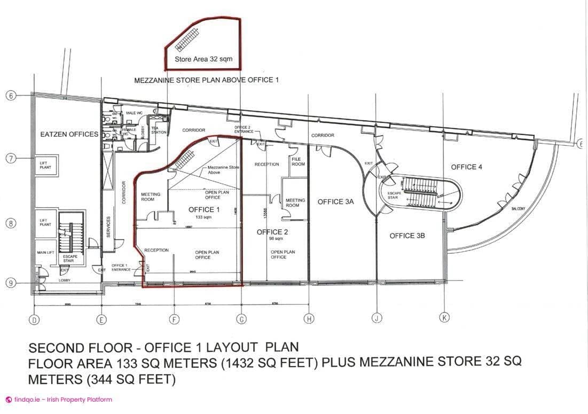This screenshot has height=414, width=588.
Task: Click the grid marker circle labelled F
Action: (174, 319)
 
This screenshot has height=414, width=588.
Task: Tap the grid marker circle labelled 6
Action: (10, 96)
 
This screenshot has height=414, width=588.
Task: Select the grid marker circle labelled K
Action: (444, 317)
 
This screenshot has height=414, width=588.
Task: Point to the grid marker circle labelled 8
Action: (10, 223)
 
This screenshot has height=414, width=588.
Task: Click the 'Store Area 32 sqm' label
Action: (203, 59)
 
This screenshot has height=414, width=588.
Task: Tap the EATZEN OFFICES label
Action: (69, 134)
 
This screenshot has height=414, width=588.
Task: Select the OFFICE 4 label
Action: (466, 167)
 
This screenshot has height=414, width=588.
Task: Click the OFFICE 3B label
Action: (409, 236)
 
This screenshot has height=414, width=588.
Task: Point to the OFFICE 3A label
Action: (335, 201)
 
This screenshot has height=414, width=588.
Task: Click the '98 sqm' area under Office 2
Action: (272, 239)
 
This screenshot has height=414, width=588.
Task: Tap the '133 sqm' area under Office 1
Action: (203, 217)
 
